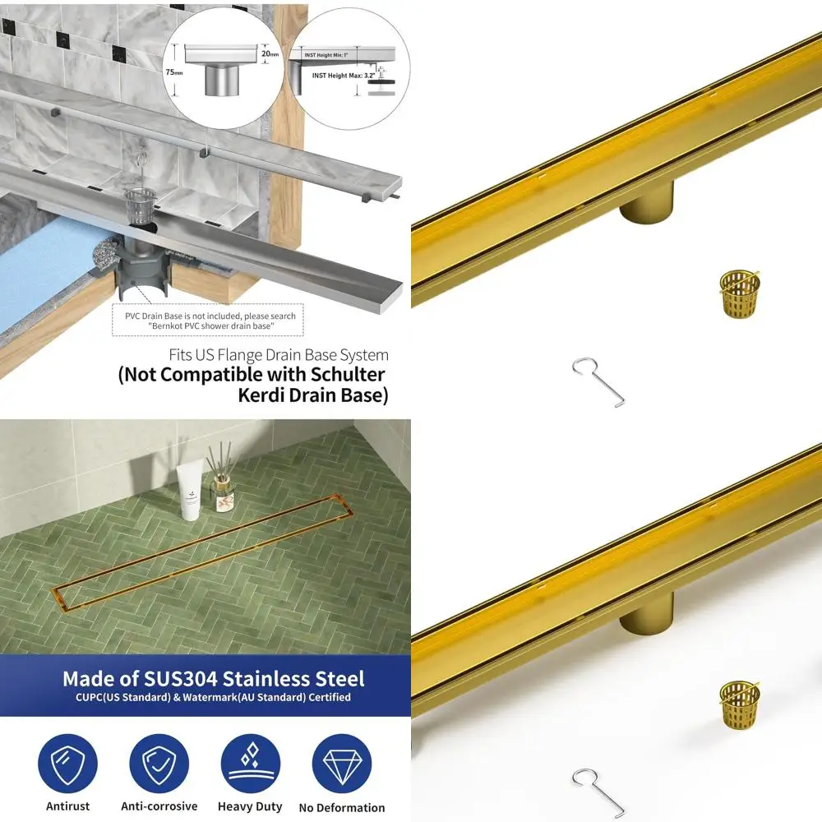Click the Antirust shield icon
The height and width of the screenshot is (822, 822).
click(x=67, y=764)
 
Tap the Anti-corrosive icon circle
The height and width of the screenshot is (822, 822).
click(x=159, y=764)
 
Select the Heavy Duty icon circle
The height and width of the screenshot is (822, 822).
click(x=250, y=764)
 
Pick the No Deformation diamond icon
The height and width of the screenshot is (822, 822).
click(x=341, y=764)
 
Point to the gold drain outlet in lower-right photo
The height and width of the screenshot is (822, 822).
click(x=646, y=613)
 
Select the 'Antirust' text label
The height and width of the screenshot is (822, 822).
click(x=67, y=806)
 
